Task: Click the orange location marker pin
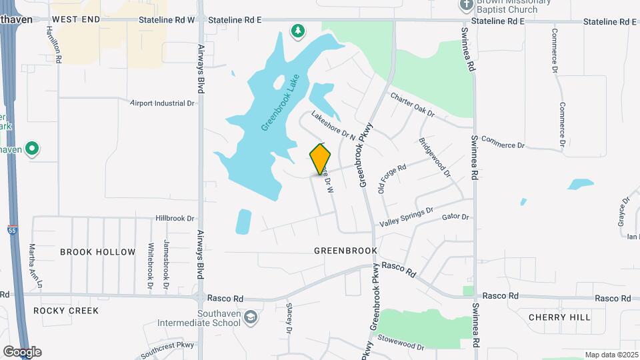(321, 159)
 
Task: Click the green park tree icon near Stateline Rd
(297, 30)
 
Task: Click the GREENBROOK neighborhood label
(346, 251)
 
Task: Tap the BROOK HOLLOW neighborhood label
(90, 251)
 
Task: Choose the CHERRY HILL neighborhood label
(559, 317)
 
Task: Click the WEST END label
(76, 20)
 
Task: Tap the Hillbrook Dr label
(174, 218)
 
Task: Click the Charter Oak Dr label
(412, 105)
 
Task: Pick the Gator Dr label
(456, 217)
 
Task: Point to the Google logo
(21, 352)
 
